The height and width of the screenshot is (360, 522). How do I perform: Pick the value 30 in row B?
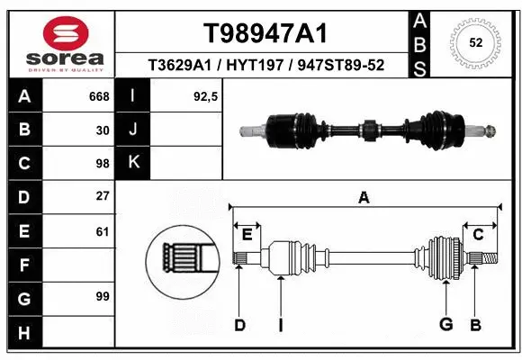(x=103, y=130)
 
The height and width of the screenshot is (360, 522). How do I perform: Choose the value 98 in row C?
(x=103, y=163)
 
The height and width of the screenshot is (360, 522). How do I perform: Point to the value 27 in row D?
(x=103, y=196)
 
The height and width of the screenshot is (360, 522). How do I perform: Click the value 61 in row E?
(x=103, y=230)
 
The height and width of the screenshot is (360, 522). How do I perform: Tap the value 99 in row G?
(x=103, y=296)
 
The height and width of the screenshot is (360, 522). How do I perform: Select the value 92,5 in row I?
(x=206, y=96)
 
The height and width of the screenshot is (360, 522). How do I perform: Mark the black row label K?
(x=132, y=163)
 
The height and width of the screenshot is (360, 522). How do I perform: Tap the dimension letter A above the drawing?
(x=364, y=198)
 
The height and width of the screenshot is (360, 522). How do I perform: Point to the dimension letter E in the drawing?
(x=247, y=234)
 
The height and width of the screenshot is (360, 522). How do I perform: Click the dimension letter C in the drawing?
(x=479, y=234)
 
